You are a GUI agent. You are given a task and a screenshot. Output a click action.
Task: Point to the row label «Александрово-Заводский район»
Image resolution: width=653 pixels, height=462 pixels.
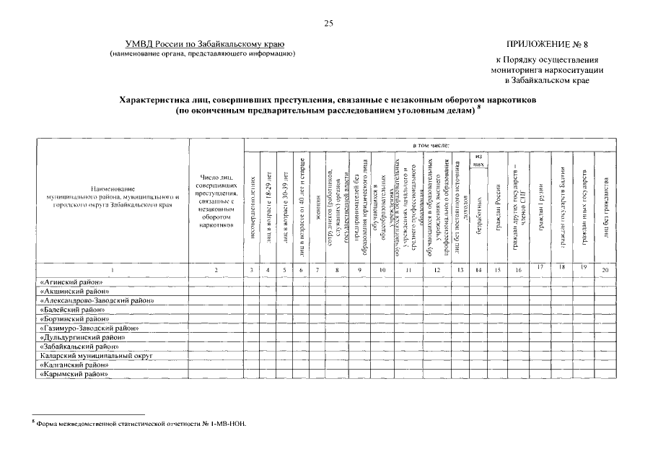[97, 300]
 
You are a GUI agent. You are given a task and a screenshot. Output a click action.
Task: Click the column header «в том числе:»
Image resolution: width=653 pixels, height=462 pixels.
[430, 145]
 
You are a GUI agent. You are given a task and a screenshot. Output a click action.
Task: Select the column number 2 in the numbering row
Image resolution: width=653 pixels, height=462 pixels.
[216, 269]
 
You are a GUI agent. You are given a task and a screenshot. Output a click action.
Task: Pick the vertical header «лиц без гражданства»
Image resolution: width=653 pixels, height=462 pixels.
[607, 210]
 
